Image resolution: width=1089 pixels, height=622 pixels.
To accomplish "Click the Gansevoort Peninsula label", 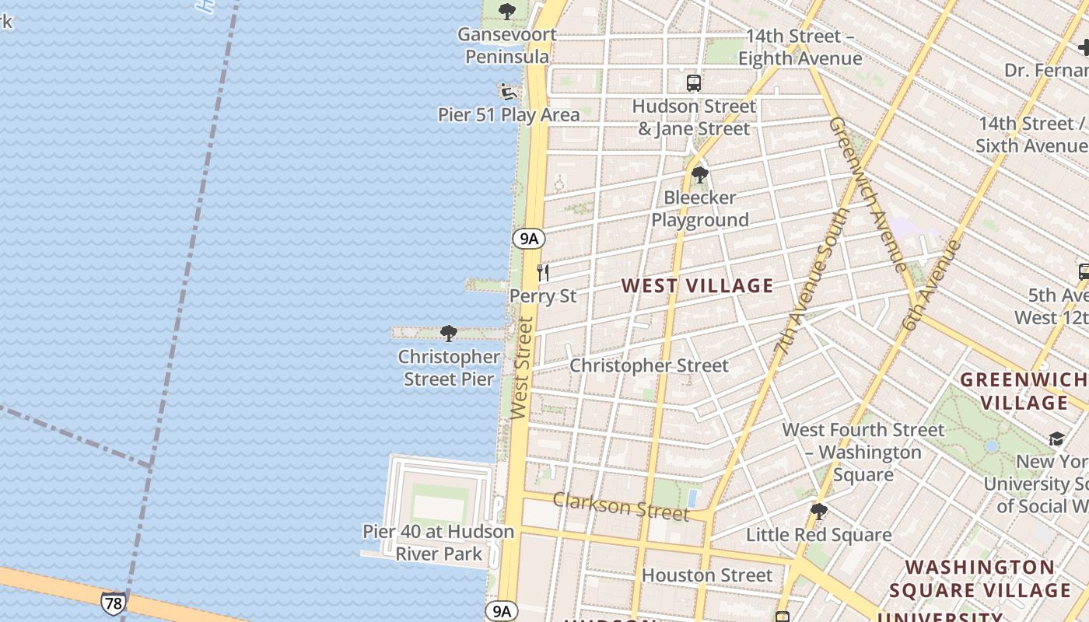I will [507, 45].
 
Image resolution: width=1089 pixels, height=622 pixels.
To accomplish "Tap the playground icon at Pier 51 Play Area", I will [509, 93].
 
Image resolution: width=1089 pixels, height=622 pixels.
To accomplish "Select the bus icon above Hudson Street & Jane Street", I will [693, 82].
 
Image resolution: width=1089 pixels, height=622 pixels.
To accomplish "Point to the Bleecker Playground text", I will [699, 208].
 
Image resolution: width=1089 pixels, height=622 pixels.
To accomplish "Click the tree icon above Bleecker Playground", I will [699, 175].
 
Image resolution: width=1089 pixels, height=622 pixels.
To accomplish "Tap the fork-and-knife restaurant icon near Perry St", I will [543, 273].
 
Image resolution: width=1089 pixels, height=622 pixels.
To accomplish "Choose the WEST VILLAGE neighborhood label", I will [697, 285].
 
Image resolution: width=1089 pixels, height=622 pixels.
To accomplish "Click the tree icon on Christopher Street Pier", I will [448, 334].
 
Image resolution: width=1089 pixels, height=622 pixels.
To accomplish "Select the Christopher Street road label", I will [649, 365].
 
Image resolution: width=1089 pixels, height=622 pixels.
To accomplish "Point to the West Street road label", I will [522, 368].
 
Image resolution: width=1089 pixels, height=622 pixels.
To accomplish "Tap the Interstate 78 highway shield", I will [113, 603].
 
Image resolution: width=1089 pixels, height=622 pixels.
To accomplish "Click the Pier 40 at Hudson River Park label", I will [439, 543].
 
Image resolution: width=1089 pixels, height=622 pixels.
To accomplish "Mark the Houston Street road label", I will [707, 575].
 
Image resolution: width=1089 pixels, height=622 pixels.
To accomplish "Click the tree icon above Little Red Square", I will [818, 512].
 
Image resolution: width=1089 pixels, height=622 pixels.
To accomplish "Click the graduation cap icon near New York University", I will [1056, 440].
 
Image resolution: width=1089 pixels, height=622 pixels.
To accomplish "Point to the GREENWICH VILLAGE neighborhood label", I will [1024, 391].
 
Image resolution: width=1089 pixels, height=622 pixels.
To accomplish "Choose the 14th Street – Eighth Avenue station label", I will [800, 47].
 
